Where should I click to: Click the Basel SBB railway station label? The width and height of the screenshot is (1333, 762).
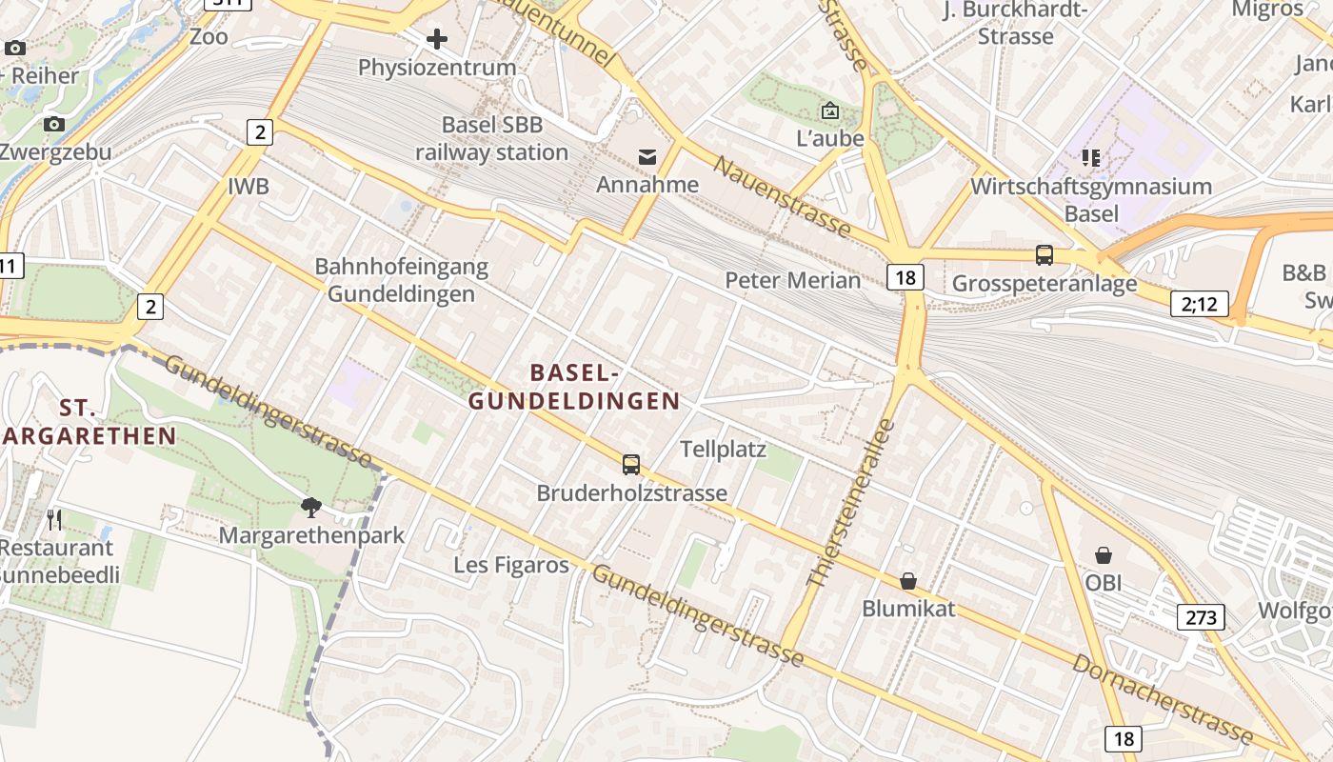coord(491,139)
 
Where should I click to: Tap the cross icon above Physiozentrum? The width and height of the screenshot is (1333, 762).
coord(437,39)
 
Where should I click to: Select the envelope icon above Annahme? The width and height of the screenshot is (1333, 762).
coord(647,156)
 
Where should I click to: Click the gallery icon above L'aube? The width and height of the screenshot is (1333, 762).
coord(829,110)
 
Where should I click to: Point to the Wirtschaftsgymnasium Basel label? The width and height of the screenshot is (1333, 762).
coord(1091,200)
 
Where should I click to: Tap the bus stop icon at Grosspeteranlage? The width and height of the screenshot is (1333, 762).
coord(1045,255)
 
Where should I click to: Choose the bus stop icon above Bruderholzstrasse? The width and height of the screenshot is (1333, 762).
coord(631,465)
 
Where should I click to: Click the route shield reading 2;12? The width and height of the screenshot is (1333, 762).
coord(1200,304)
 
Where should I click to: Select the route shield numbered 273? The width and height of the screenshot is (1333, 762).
coord(1202,617)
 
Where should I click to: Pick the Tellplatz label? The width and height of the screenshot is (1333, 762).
coord(723,449)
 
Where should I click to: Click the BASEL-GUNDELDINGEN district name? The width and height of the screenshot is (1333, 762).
coord(574,387)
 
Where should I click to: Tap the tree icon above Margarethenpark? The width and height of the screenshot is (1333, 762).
coord(310,507)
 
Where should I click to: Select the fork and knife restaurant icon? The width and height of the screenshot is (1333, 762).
coord(54,519)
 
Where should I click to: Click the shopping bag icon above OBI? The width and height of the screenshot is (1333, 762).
coord(1104,554)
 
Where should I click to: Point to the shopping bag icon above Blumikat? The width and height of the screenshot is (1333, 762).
coord(908,581)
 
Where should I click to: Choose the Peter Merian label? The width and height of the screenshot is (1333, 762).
coord(792,280)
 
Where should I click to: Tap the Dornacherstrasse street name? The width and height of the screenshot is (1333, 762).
coord(1163,697)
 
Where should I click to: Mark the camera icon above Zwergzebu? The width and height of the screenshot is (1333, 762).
coord(54,124)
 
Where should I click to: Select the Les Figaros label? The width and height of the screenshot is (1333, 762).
coord(511,565)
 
